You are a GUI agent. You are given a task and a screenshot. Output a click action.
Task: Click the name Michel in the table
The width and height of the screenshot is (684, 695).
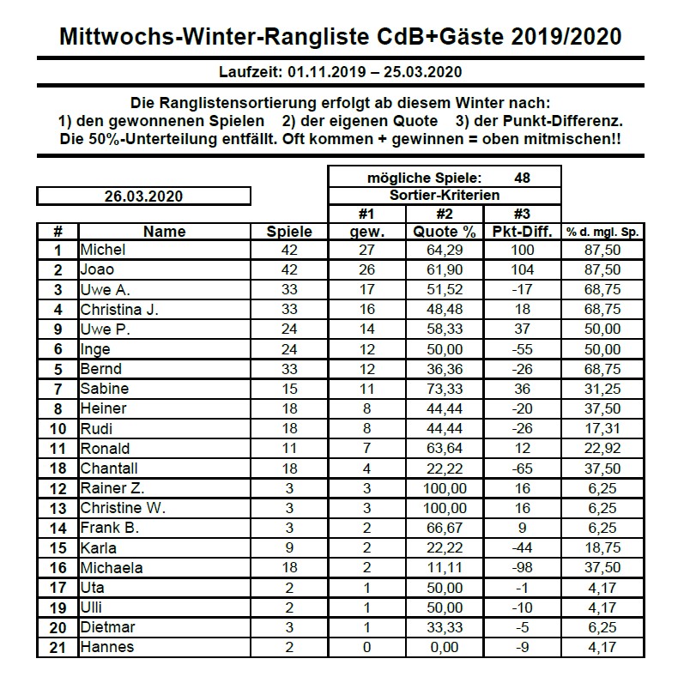tap(102, 251)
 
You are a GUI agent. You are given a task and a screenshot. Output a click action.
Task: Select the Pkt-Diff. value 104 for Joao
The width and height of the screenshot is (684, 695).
tap(522, 270)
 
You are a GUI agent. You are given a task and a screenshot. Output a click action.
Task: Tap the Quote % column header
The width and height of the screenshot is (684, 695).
tap(444, 232)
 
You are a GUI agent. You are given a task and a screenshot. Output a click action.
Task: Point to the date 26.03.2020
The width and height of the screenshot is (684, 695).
tap(142, 196)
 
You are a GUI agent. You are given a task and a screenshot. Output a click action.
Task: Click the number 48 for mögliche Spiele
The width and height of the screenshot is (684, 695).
tap(522, 178)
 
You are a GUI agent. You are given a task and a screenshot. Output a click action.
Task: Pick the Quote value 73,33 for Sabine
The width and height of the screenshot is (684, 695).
tap(445, 390)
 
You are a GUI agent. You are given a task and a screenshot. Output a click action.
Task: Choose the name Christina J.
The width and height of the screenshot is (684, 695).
tap(118, 310)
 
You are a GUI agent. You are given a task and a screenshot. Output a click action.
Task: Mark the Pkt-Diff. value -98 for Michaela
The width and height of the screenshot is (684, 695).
tap(522, 568)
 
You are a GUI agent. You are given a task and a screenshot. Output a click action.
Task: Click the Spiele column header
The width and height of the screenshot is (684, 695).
tap(289, 232)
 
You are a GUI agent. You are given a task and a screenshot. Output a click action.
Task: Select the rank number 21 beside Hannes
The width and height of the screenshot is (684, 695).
tap(58, 647)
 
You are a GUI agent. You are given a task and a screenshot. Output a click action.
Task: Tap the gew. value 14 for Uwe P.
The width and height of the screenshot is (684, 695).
tap(366, 329)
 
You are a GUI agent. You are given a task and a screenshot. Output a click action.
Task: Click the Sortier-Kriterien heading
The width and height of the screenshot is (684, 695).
tap(444, 196)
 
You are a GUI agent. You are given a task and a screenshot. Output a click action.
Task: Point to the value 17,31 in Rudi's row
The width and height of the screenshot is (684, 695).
tap(603, 429)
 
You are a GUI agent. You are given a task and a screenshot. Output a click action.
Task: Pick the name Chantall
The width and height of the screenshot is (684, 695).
tap(108, 468)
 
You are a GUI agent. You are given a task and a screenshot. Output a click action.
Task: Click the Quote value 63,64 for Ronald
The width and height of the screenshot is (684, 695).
tap(445, 449)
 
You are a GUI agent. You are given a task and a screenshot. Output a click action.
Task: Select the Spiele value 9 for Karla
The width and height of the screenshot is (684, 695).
tap(289, 548)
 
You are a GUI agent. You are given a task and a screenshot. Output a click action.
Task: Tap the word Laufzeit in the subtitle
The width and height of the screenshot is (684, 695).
tap(248, 72)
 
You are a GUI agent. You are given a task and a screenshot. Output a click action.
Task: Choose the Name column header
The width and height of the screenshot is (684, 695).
tap(164, 232)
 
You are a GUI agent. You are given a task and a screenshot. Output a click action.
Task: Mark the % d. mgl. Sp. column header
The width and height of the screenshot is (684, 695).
tap(603, 232)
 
